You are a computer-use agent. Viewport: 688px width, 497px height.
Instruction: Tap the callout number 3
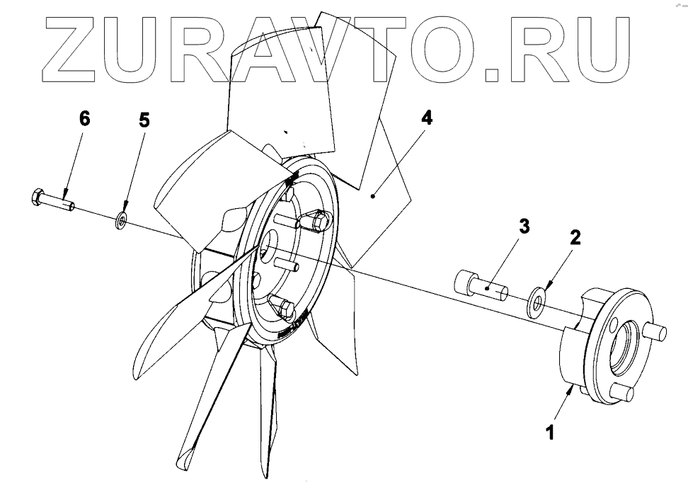(523, 227)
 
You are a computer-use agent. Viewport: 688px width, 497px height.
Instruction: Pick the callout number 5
(144, 120)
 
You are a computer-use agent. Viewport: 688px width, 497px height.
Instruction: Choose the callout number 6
(84, 119)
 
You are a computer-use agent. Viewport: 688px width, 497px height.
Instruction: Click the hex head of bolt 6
(38, 198)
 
